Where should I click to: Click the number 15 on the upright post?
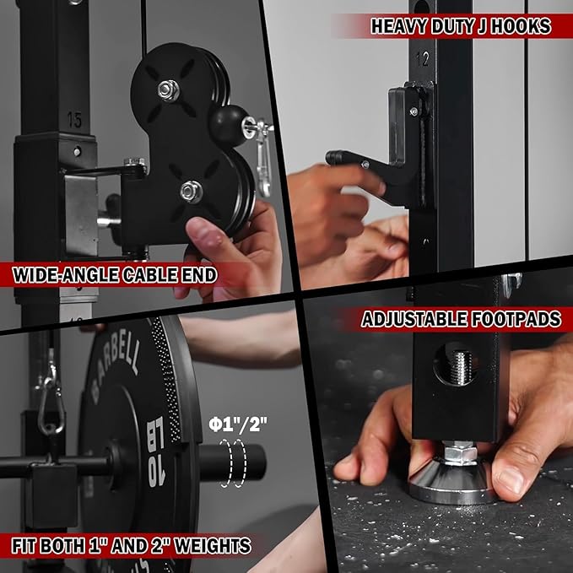74,120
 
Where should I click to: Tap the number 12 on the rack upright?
422,59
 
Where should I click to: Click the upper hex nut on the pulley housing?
169,90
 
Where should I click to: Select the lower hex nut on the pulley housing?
191,192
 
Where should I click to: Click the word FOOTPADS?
516,319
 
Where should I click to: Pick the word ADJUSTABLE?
414,319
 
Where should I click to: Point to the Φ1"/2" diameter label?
238,424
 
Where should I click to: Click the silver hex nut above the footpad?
461,453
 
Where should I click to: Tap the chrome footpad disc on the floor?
452,483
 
